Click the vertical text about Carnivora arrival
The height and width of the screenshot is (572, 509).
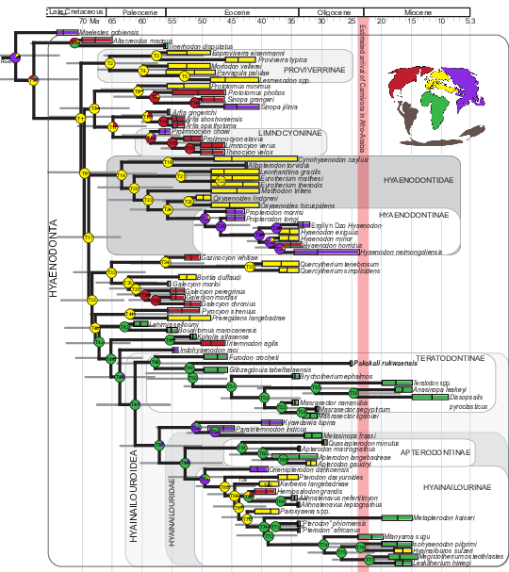(362, 94)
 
